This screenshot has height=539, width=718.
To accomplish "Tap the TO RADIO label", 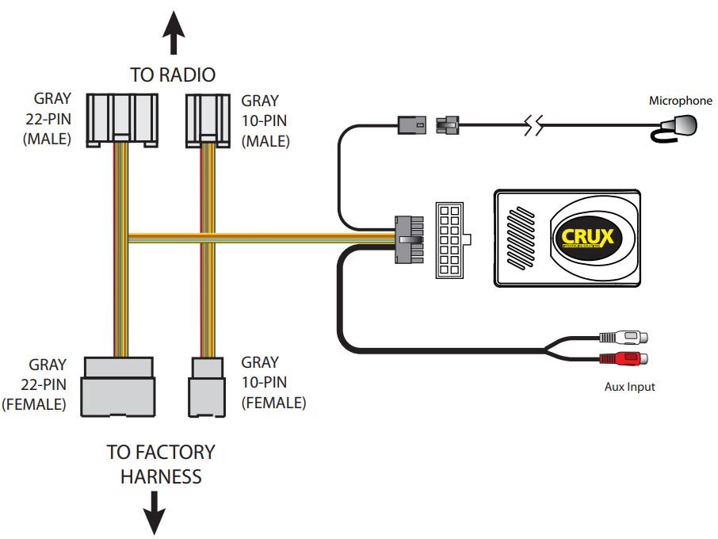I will point(173,75).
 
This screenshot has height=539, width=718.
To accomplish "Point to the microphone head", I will point(680,124).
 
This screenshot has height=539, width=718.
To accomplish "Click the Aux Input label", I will point(629,387).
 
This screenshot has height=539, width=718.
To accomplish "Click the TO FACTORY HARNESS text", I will point(160,464).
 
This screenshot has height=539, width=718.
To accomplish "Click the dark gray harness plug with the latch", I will point(407,239).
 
